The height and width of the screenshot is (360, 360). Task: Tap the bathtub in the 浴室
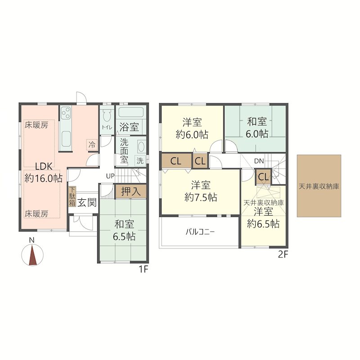pyautogui.click(x=131, y=112)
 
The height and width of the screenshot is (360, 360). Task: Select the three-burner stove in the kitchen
pyautogui.click(x=66, y=112)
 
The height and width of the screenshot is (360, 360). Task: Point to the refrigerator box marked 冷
pyautogui.click(x=92, y=144)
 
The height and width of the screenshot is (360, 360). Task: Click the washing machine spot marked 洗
pyautogui.click(x=140, y=160)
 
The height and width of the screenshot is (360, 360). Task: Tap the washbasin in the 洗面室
pyautogui.click(x=140, y=146)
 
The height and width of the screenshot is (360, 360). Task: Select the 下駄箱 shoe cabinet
pyautogui.click(x=72, y=197)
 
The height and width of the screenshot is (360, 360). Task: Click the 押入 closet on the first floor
pyautogui.click(x=130, y=191)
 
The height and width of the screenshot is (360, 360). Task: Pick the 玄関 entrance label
pyautogui.click(x=86, y=203)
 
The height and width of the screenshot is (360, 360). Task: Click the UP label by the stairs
pyautogui.click(x=110, y=176)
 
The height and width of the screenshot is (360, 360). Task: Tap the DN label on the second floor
pyautogui.click(x=259, y=161)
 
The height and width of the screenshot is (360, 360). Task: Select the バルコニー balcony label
pyautogui.click(x=200, y=232)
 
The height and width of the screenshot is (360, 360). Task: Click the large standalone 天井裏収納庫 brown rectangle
pyautogui.click(x=319, y=186)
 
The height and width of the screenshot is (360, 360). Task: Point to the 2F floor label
pyautogui.click(x=283, y=255)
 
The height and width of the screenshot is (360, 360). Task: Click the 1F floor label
pyautogui.click(x=144, y=269)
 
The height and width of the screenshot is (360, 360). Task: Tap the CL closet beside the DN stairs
pyautogui.click(x=263, y=177)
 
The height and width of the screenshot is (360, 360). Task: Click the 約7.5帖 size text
pyautogui.click(x=201, y=197)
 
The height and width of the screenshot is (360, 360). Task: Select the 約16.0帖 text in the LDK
pyautogui.click(x=43, y=178)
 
